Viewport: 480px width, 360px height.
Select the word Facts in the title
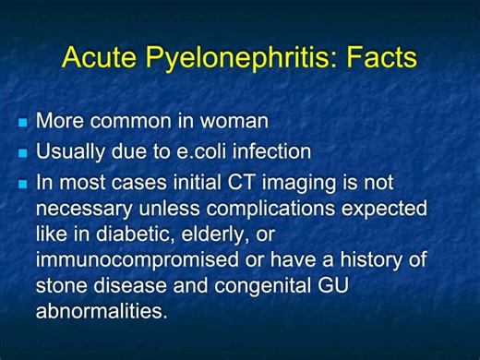tap(377, 57)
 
